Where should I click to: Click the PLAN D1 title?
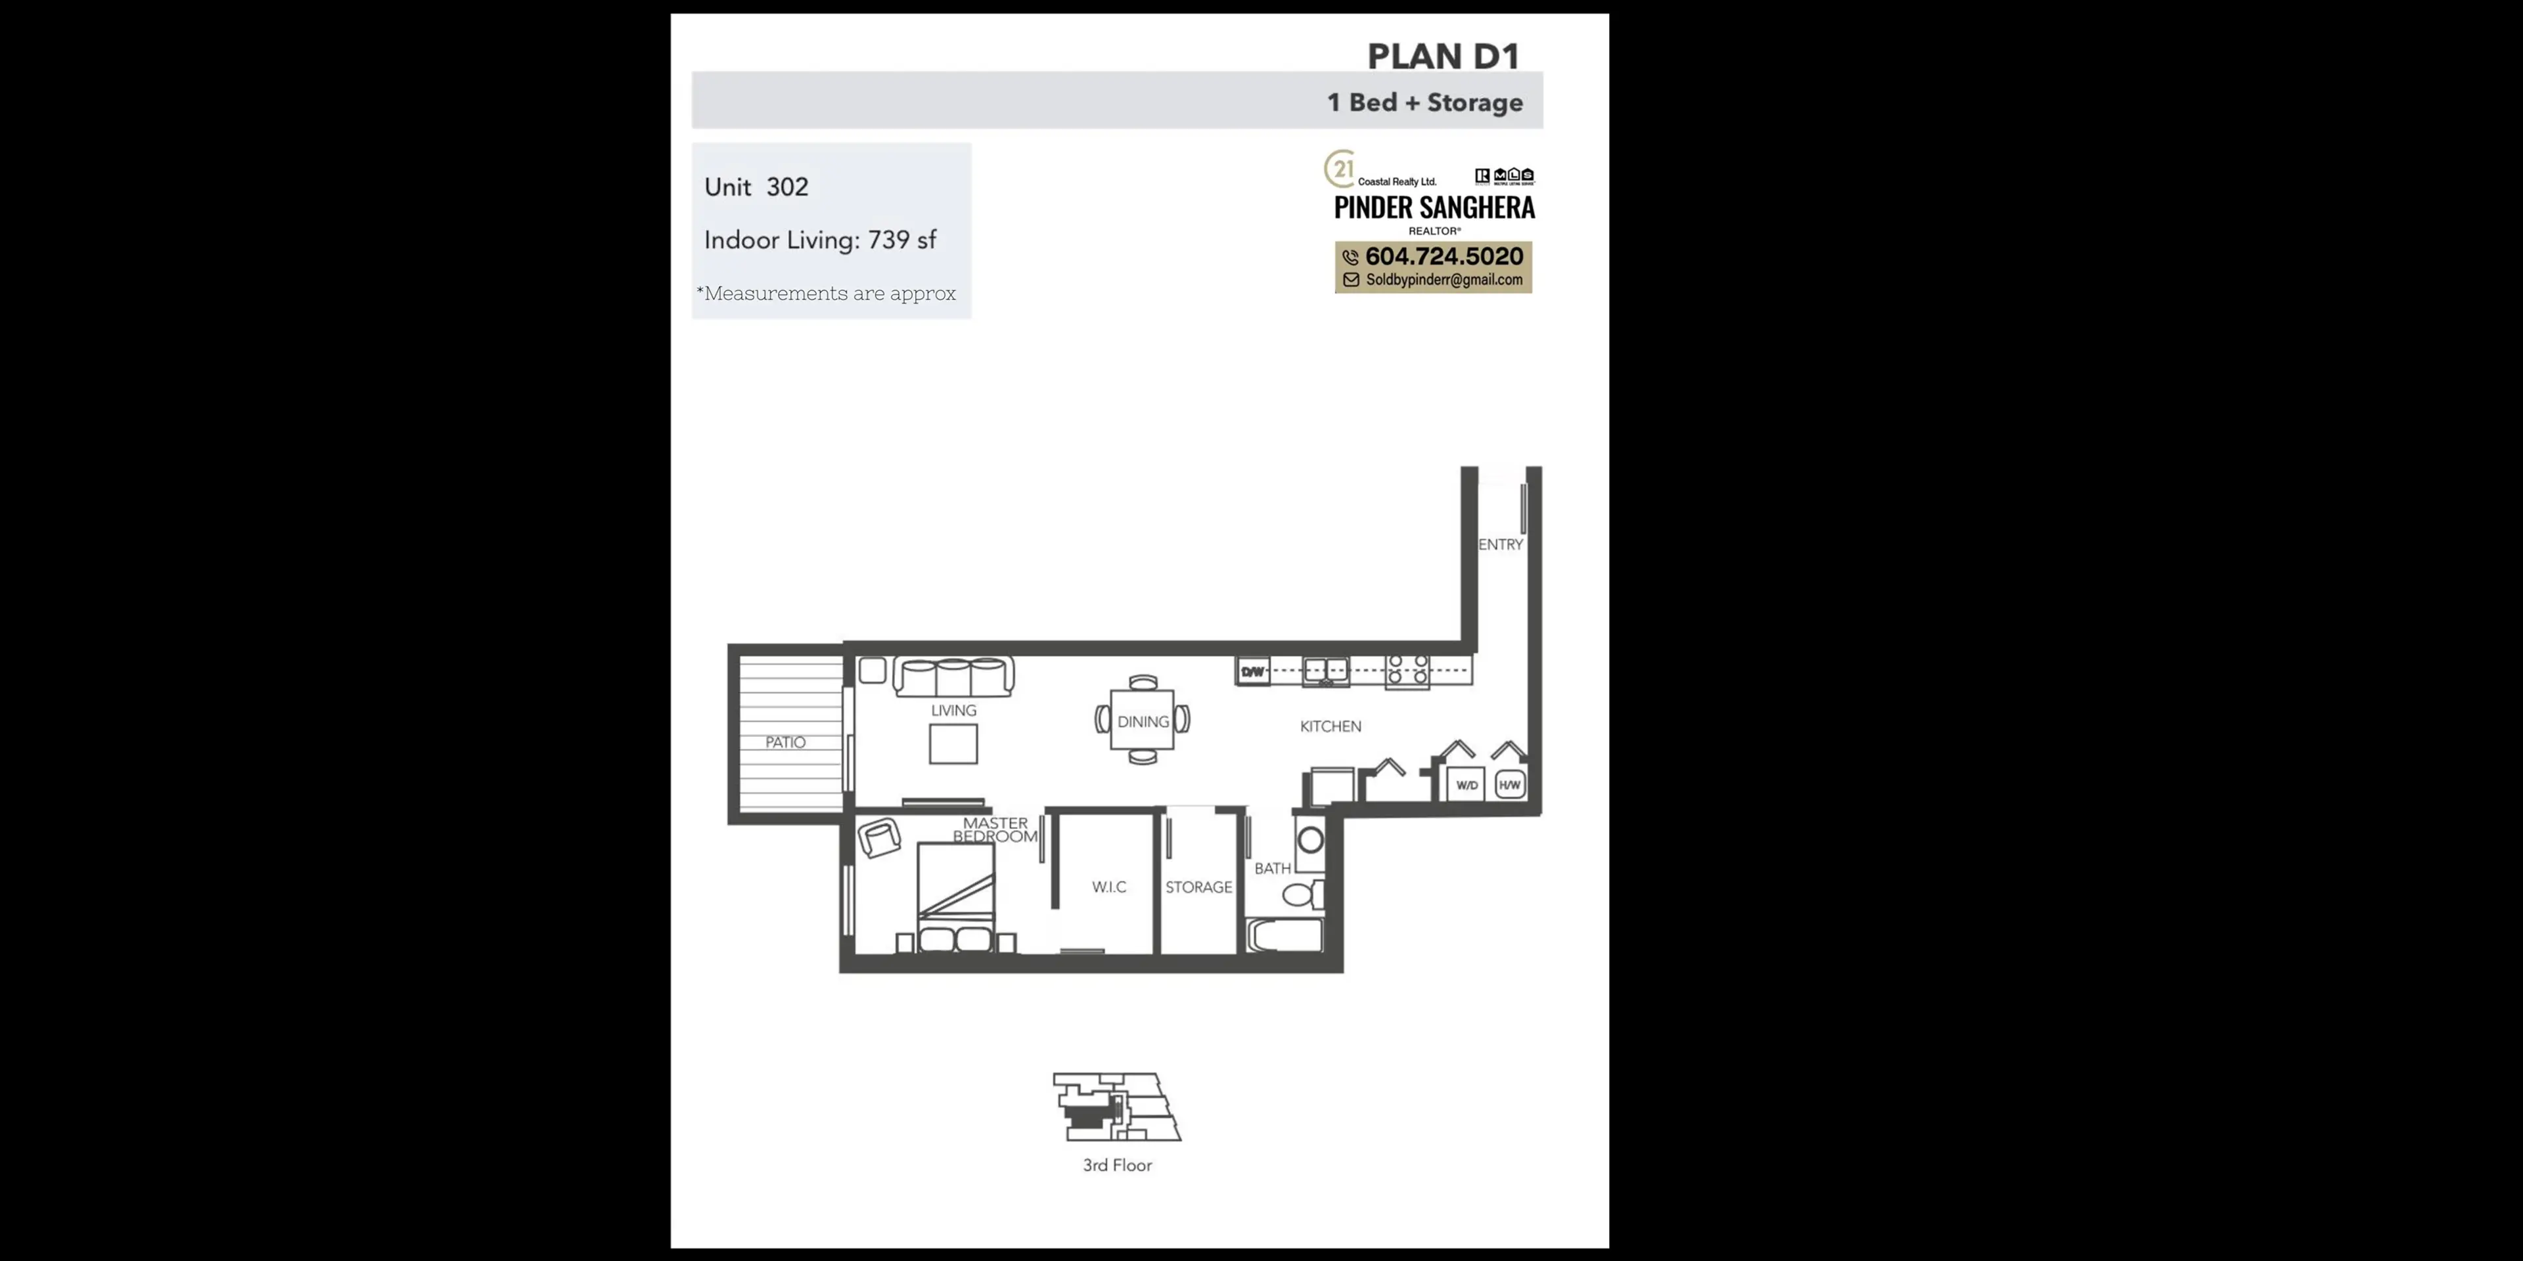coord(1443,56)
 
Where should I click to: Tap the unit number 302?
coord(788,187)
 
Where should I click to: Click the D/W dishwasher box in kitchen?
coord(1253,672)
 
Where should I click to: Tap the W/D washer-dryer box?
coord(1466,785)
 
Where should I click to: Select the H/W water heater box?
coord(1509,785)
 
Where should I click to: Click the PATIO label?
coord(786,742)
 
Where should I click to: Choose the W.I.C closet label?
coord(1108,887)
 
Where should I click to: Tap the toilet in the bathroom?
coord(1301,894)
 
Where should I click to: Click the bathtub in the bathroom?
coord(1285,936)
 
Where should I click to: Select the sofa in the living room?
coord(953,676)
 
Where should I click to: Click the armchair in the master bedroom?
coord(878,838)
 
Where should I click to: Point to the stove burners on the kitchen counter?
coord(1407,670)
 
